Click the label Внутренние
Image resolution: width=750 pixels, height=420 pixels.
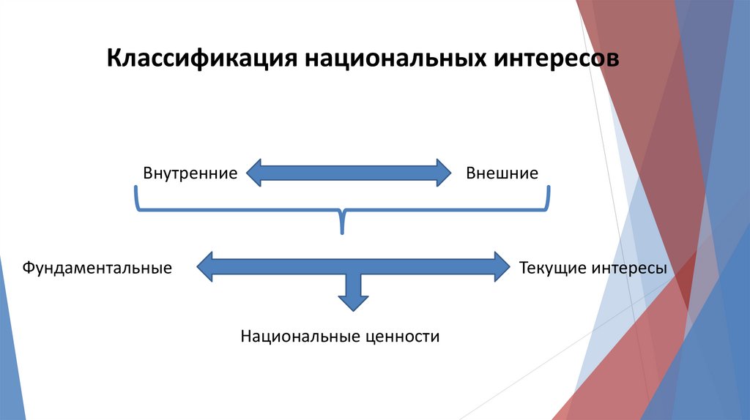point(190,173)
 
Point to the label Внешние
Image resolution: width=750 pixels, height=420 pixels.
point(502,173)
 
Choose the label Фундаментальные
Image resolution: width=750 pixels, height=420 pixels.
point(97,268)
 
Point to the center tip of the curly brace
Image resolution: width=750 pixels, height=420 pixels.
point(342,231)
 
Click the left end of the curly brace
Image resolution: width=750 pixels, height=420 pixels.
point(135,192)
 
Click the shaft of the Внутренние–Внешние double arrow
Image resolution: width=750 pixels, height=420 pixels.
point(348,173)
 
